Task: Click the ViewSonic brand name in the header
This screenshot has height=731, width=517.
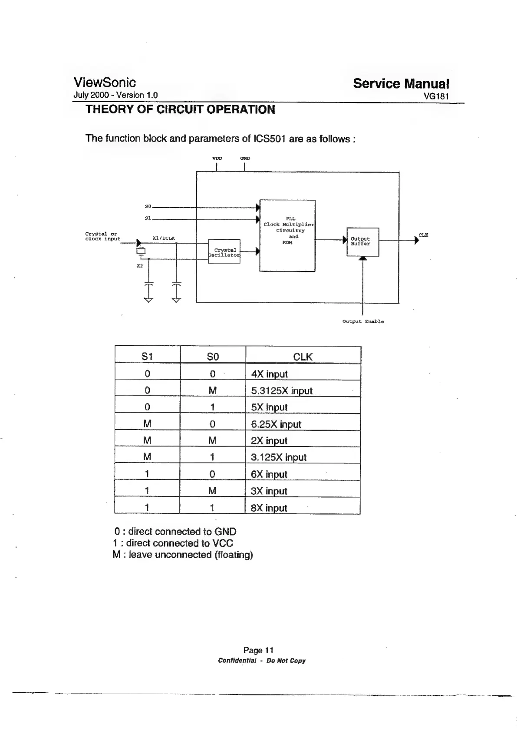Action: [105, 83]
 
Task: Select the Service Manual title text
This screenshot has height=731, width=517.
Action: [401, 83]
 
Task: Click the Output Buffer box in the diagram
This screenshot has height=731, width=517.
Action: [362, 241]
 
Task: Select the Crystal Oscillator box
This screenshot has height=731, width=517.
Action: [224, 251]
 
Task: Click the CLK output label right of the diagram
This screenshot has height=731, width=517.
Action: [423, 235]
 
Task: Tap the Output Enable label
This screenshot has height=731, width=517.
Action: [363, 321]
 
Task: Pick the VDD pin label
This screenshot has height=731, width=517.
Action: [217, 159]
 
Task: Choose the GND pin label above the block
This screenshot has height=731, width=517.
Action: [245, 159]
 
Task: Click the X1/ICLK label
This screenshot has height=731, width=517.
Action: [164, 238]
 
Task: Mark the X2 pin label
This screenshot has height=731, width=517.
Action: [139, 266]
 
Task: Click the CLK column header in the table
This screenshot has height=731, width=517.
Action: [303, 357]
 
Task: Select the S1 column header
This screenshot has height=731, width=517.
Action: [147, 357]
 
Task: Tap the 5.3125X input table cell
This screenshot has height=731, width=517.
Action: [282, 390]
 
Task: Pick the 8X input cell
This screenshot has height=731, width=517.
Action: [269, 508]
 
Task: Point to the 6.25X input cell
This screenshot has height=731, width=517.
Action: [276, 424]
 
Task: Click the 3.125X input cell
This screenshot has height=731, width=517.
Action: [279, 457]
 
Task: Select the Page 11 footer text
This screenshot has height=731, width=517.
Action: [258, 650]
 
